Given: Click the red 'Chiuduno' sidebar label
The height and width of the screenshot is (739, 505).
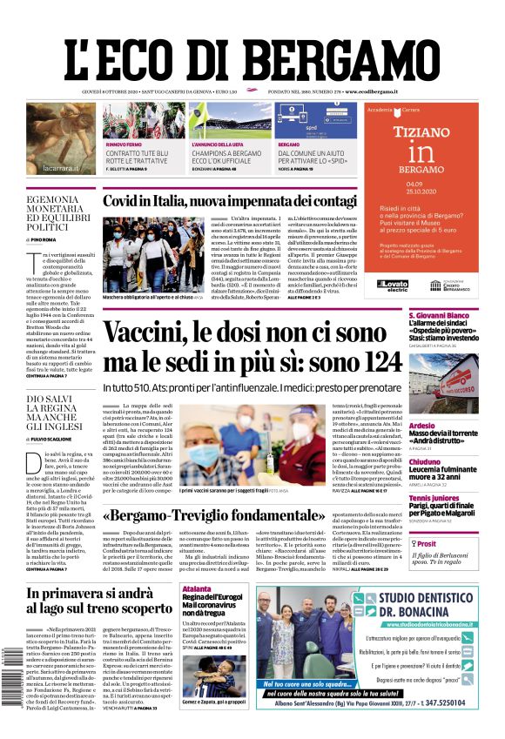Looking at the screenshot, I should [424, 462].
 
